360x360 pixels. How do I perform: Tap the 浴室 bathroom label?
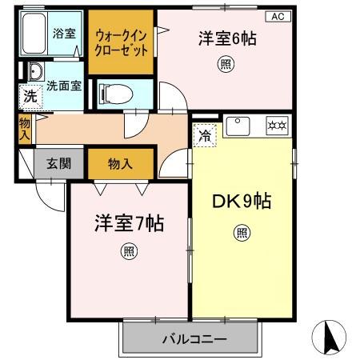63,34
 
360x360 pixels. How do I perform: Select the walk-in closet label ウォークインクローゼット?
122,42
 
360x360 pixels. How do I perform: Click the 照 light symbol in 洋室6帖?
226,66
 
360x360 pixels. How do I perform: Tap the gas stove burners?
276,126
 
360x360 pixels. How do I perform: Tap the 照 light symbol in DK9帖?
241,234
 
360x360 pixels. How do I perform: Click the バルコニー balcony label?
194,339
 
